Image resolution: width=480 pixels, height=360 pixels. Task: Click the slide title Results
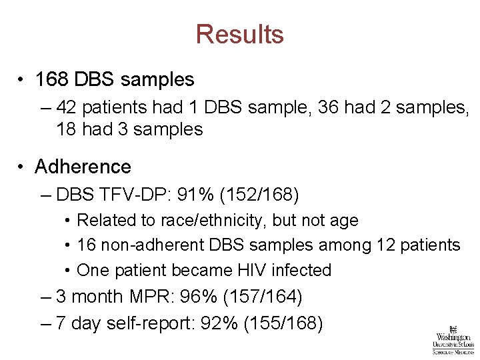click(240, 34)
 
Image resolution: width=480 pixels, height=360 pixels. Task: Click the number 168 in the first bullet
click(52, 79)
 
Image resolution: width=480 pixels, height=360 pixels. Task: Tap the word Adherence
click(83, 166)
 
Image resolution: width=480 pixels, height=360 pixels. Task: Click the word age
click(345, 220)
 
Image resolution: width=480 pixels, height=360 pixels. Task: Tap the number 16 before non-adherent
click(87, 245)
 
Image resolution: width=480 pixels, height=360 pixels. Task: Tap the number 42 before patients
click(67, 107)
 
